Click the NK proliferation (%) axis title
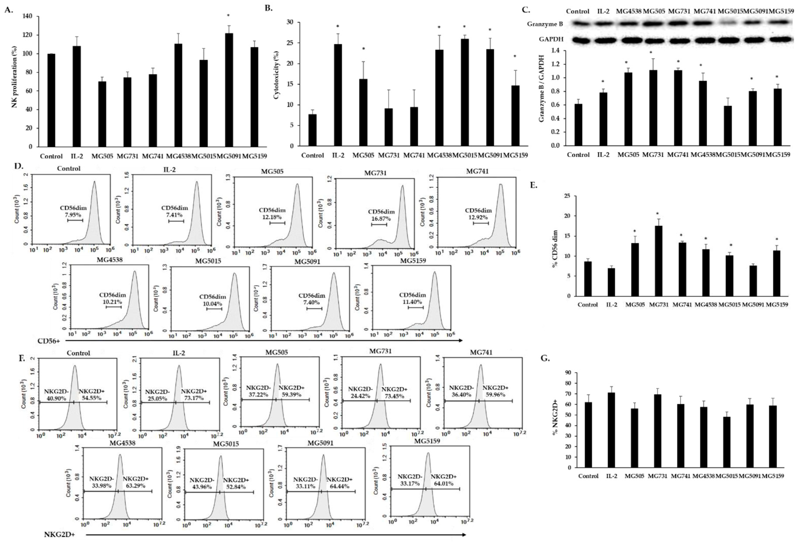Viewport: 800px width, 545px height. click(x=14, y=82)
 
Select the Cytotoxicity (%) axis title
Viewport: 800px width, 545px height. click(x=276, y=76)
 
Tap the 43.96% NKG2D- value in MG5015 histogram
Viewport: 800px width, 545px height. click(x=200, y=487)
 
